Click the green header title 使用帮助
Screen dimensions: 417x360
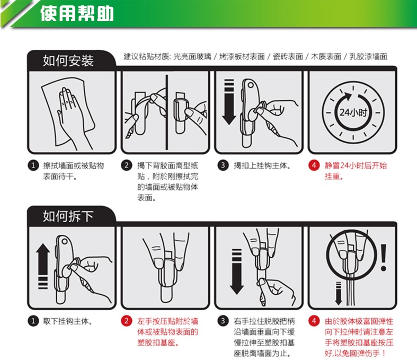click(x=77, y=13)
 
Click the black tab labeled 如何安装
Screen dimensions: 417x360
click(x=68, y=60)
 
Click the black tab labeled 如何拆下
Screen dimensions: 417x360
click(x=68, y=216)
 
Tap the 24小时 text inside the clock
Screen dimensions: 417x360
click(x=353, y=112)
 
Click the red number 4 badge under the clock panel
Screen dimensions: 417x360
click(x=314, y=165)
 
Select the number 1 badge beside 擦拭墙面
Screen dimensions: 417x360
click(x=33, y=165)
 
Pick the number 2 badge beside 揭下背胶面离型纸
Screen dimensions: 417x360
click(x=127, y=165)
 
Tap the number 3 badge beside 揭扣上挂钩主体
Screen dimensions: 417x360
click(x=223, y=165)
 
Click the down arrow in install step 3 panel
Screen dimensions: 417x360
click(x=229, y=102)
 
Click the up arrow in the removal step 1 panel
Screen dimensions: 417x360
click(x=43, y=266)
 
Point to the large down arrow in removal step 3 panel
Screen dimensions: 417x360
click(x=236, y=271)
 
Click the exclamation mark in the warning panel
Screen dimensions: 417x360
click(x=384, y=258)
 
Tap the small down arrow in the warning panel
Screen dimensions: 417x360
click(x=338, y=294)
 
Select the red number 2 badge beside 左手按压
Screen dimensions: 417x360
click(x=127, y=321)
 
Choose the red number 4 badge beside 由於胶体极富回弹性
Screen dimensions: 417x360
click(x=314, y=321)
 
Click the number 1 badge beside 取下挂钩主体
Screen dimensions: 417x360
click(x=33, y=321)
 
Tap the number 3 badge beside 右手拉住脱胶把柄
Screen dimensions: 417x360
click(x=223, y=321)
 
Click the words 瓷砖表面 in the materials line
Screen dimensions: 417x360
click(x=288, y=56)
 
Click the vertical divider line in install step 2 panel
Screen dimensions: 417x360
click(x=167, y=112)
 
